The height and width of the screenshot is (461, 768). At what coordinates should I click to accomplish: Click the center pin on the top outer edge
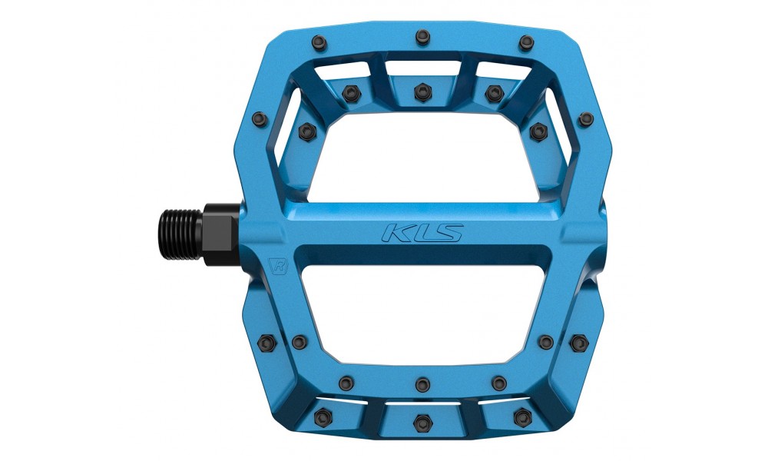coord(421,35)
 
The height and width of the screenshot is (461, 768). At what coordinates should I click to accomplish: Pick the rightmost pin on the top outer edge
coord(525,43)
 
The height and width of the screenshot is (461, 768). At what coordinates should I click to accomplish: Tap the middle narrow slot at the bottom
coord(421,400)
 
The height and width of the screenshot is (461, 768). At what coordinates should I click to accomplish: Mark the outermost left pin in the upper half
coord(259,118)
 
